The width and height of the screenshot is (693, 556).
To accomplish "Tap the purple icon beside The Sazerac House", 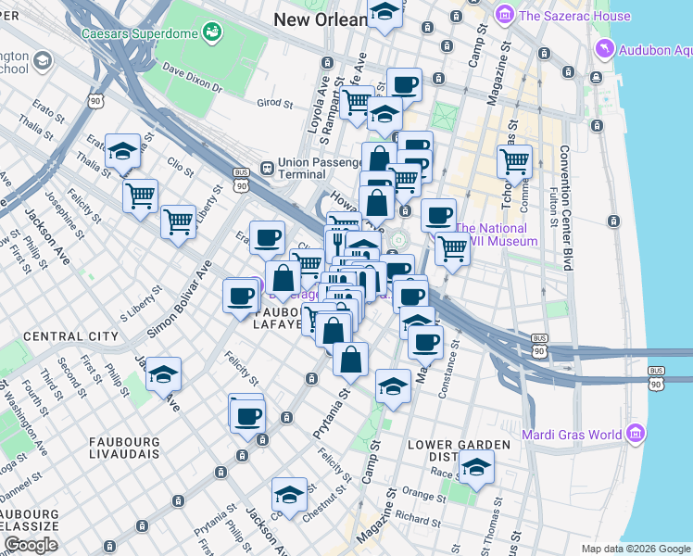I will pyautogui.click(x=504, y=15).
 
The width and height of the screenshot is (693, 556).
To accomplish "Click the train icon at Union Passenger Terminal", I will pyautogui.click(x=266, y=169).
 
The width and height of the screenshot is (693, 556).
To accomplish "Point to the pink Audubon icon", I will pyautogui.click(x=604, y=49).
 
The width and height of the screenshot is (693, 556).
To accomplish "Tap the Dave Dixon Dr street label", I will pyautogui.click(x=192, y=79).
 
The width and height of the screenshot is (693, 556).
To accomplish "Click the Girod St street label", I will pyautogui.click(x=274, y=102).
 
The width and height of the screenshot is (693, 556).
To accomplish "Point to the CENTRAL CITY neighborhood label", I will pyautogui.click(x=70, y=335).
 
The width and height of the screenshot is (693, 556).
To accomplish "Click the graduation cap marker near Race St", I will pyautogui.click(x=476, y=466).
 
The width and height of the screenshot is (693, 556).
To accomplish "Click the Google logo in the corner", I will pyautogui.click(x=31, y=545).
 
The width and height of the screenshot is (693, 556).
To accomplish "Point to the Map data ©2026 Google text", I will pyautogui.click(x=635, y=549).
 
